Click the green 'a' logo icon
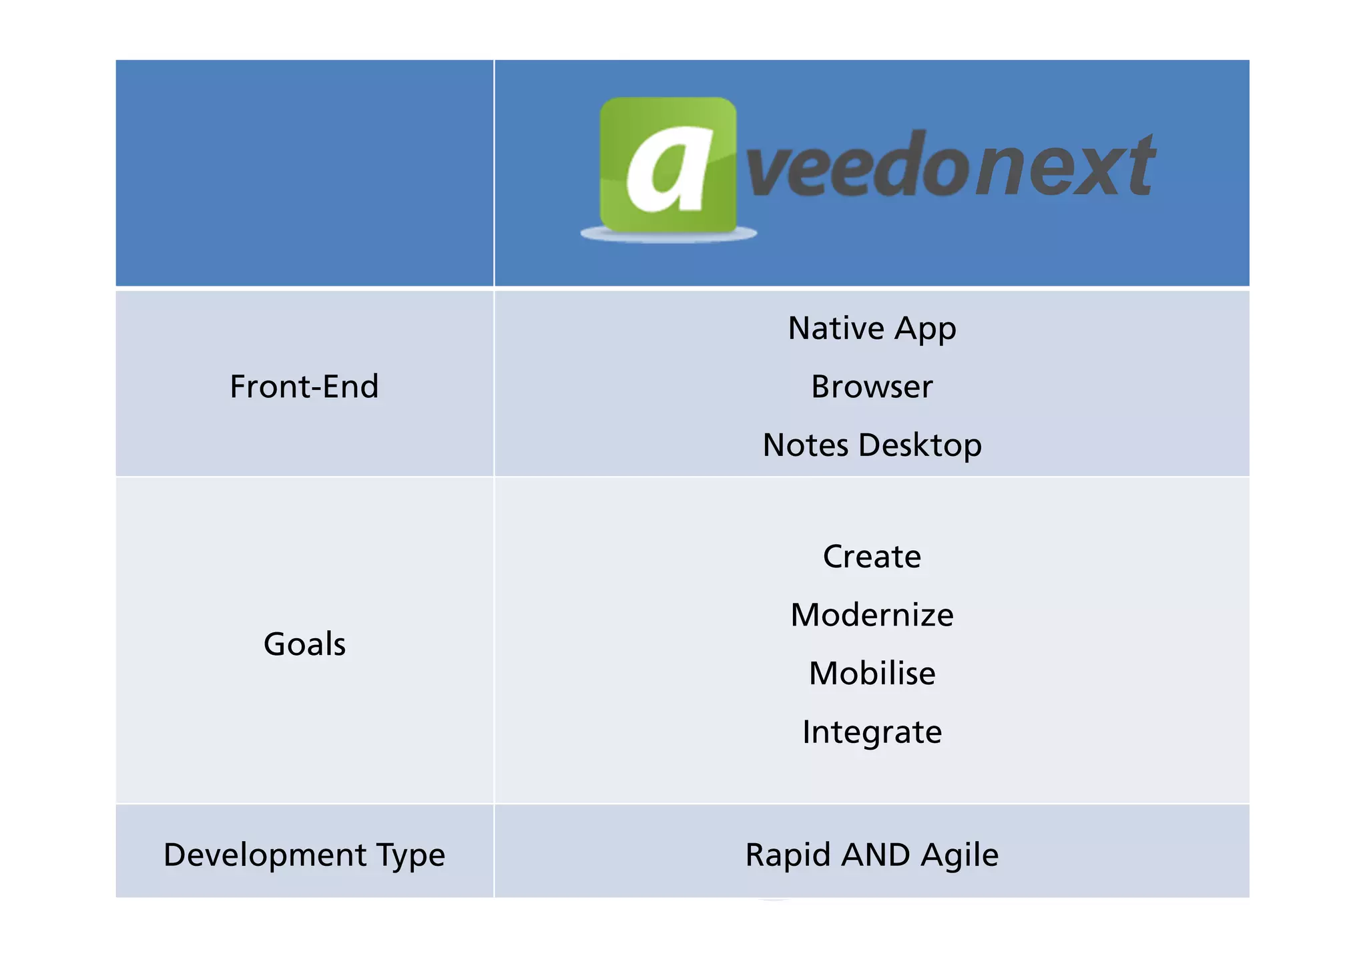pyautogui.click(x=667, y=165)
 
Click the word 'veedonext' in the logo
pyautogui.click(x=950, y=166)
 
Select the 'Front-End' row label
pyautogui.click(x=304, y=387)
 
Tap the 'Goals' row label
pyautogui.click(x=304, y=644)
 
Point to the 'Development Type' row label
pyautogui.click(x=304, y=855)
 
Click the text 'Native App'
pyautogui.click(x=872, y=329)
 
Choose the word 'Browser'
pyautogui.click(x=872, y=387)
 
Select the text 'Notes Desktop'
pyautogui.click(x=872, y=445)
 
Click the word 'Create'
pyautogui.click(x=872, y=557)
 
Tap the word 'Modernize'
pyautogui.click(x=872, y=615)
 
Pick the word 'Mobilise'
pyautogui.click(x=872, y=674)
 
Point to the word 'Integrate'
pyautogui.click(x=872, y=732)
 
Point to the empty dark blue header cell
pyautogui.click(x=304, y=173)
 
